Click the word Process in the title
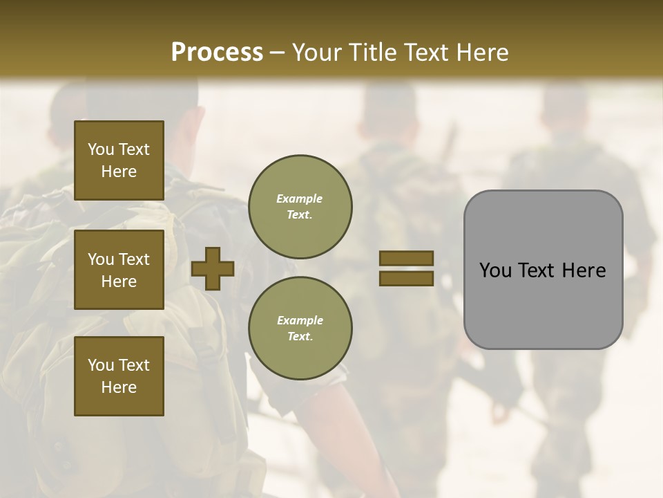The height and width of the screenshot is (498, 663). [217, 53]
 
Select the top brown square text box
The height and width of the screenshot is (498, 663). [119, 160]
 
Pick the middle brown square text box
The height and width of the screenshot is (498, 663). [119, 270]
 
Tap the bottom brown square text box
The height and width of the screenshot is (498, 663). [119, 376]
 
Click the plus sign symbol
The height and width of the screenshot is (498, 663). [213, 269]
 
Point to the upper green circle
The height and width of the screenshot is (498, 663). [300, 207]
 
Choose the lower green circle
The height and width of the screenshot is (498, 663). [300, 329]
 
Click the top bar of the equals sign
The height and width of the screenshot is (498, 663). [406, 259]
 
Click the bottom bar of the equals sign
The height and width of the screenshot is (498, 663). [406, 278]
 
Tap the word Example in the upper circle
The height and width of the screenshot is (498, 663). [300, 199]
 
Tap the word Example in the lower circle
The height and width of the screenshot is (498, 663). [300, 320]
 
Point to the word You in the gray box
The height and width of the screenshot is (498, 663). [496, 270]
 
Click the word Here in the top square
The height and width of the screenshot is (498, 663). [119, 172]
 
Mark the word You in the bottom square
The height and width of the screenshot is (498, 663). [100, 365]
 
